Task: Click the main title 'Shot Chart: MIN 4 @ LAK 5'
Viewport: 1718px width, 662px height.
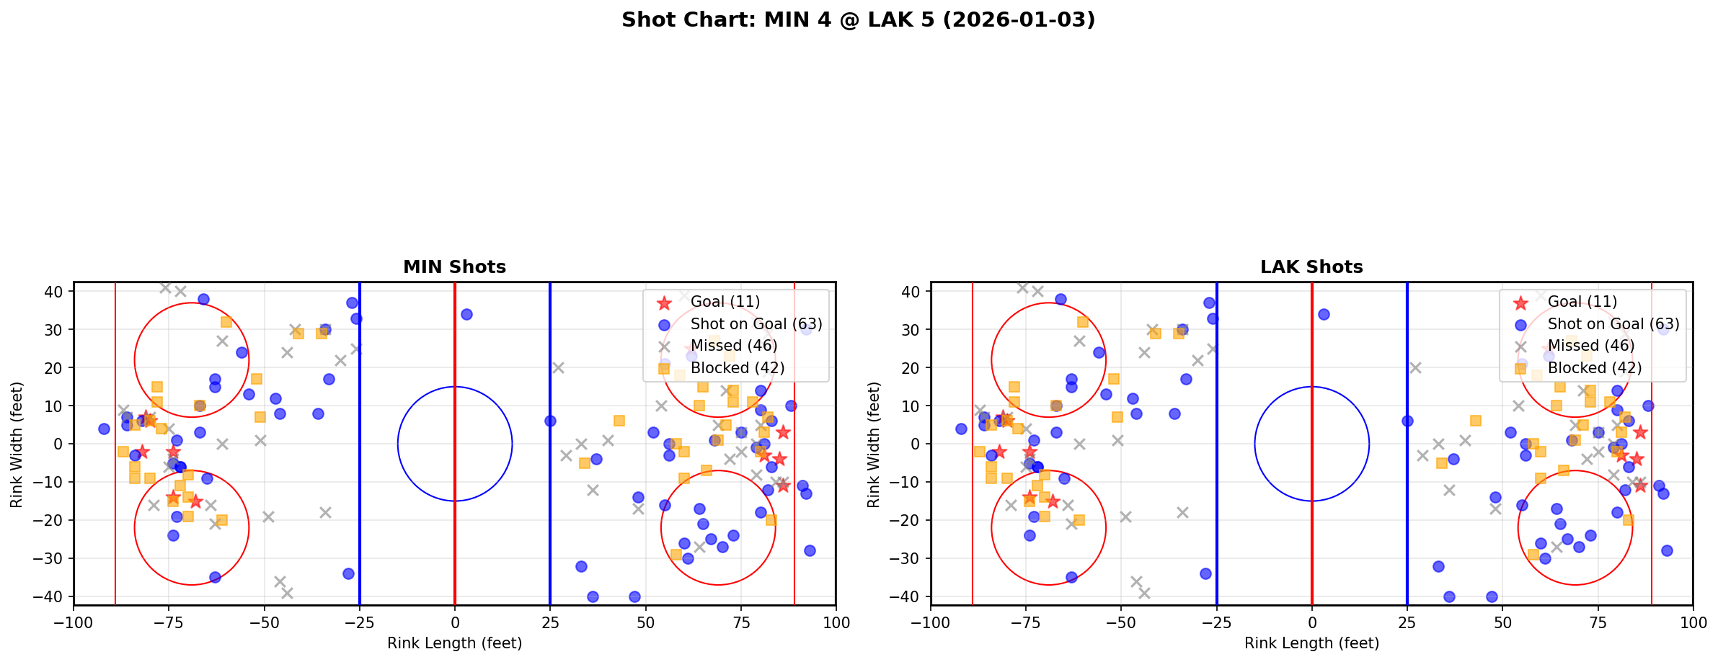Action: [x=858, y=20]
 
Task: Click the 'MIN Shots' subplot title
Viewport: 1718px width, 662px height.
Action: [x=454, y=267]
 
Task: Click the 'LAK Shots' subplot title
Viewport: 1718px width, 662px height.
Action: [x=1311, y=267]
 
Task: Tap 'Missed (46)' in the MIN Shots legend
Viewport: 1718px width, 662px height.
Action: [x=733, y=346]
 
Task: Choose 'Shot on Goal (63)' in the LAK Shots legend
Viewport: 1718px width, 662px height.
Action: [x=1613, y=324]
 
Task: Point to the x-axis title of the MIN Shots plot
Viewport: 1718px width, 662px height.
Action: [x=454, y=643]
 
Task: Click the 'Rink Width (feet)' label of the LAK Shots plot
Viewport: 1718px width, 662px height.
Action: [x=874, y=444]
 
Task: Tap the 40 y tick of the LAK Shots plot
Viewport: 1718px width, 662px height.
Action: [x=910, y=292]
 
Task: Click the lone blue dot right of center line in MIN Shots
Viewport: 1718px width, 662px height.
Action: [x=466, y=314]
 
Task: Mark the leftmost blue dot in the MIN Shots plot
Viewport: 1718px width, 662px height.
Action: [x=104, y=429]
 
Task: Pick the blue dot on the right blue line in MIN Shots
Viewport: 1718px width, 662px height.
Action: [x=550, y=421]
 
